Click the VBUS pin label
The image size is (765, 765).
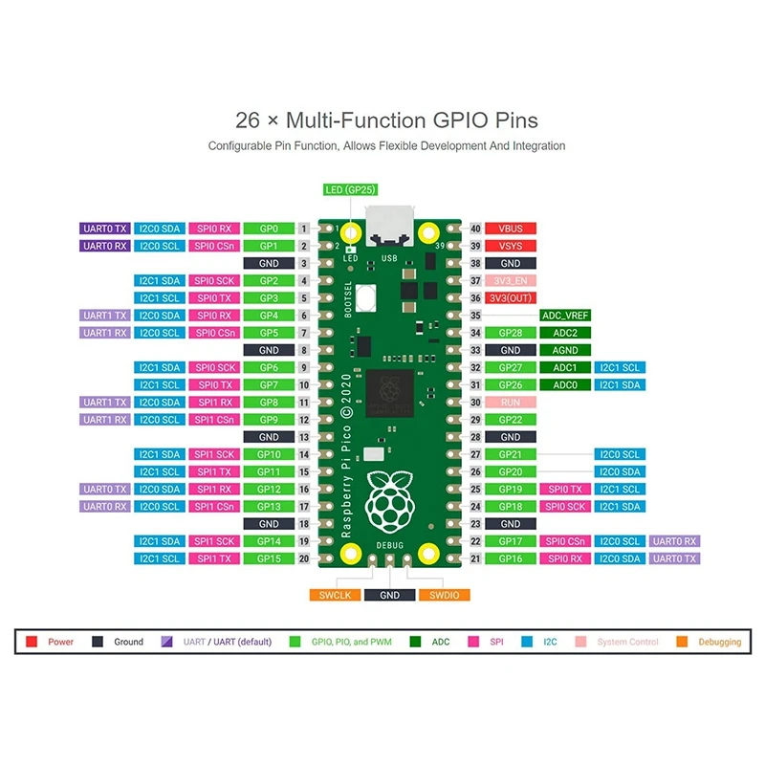[x=511, y=229]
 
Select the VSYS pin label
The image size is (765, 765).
[x=511, y=246]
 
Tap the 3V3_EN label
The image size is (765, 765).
[x=511, y=280]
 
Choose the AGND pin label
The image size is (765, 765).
[x=565, y=350]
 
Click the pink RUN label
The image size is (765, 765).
[x=511, y=403]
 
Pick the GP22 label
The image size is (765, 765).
[x=511, y=420]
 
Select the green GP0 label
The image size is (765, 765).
[x=269, y=229]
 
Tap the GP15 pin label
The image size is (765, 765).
[x=269, y=558]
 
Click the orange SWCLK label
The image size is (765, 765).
[x=336, y=595]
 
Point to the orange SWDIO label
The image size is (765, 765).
[x=444, y=595]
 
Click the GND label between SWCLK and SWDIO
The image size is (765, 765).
[x=389, y=595]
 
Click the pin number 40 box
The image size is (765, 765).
[x=475, y=229]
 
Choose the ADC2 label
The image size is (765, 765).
[x=565, y=333]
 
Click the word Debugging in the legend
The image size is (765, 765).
[x=719, y=643]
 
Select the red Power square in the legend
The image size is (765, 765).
[x=32, y=643]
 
